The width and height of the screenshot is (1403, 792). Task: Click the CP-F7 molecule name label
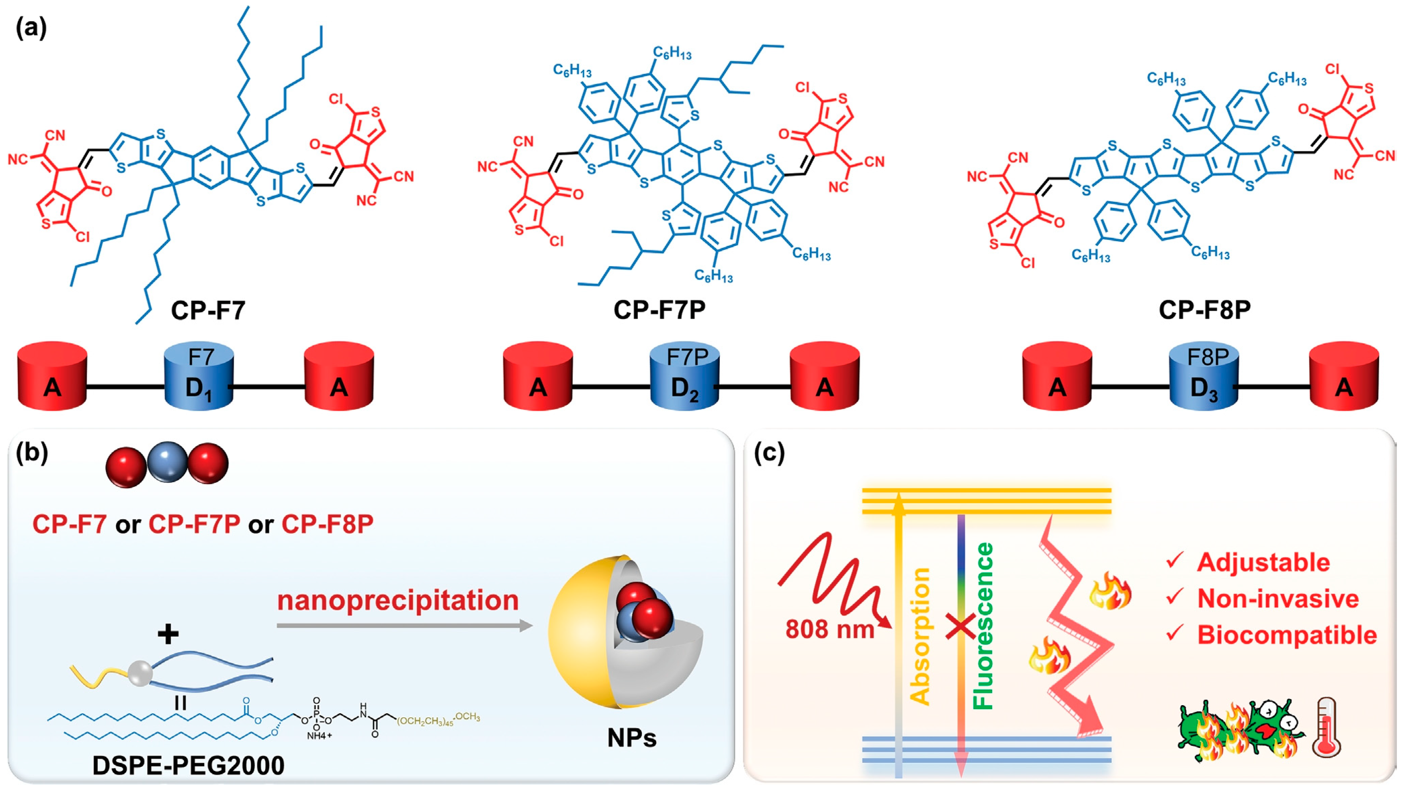[208, 310]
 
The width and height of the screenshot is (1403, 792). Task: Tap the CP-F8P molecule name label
[1204, 310]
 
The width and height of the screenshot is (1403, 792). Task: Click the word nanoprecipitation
[397, 600]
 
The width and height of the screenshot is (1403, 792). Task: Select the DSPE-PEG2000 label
[188, 765]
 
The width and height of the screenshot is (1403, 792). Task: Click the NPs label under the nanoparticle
[632, 738]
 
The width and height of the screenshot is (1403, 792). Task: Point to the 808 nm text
[829, 629]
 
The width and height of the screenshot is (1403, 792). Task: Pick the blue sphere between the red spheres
[167, 462]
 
